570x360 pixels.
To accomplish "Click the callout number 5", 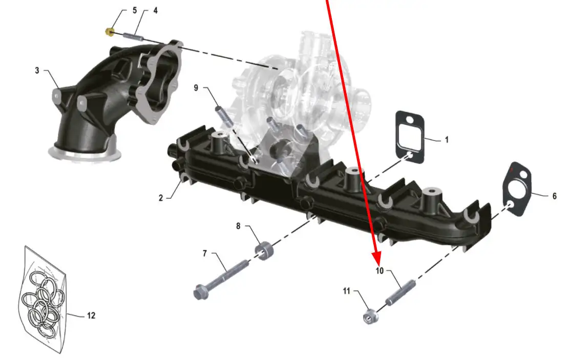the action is [135, 10].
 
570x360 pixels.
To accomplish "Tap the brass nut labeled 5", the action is [110, 32].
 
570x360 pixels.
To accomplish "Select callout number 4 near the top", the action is [155, 11].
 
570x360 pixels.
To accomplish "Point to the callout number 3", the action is [37, 70].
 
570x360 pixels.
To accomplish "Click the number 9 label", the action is [196, 88].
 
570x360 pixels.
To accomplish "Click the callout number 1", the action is [447, 140].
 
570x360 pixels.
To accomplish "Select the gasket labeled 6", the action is [517, 189].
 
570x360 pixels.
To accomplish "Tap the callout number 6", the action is [554, 196].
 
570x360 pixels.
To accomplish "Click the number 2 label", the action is [161, 198].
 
